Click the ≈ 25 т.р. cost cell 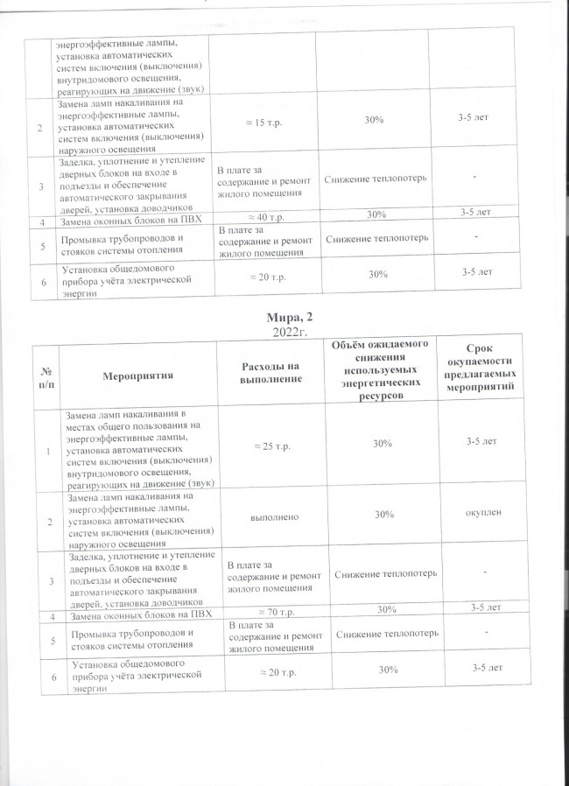pyautogui.click(x=271, y=446)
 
